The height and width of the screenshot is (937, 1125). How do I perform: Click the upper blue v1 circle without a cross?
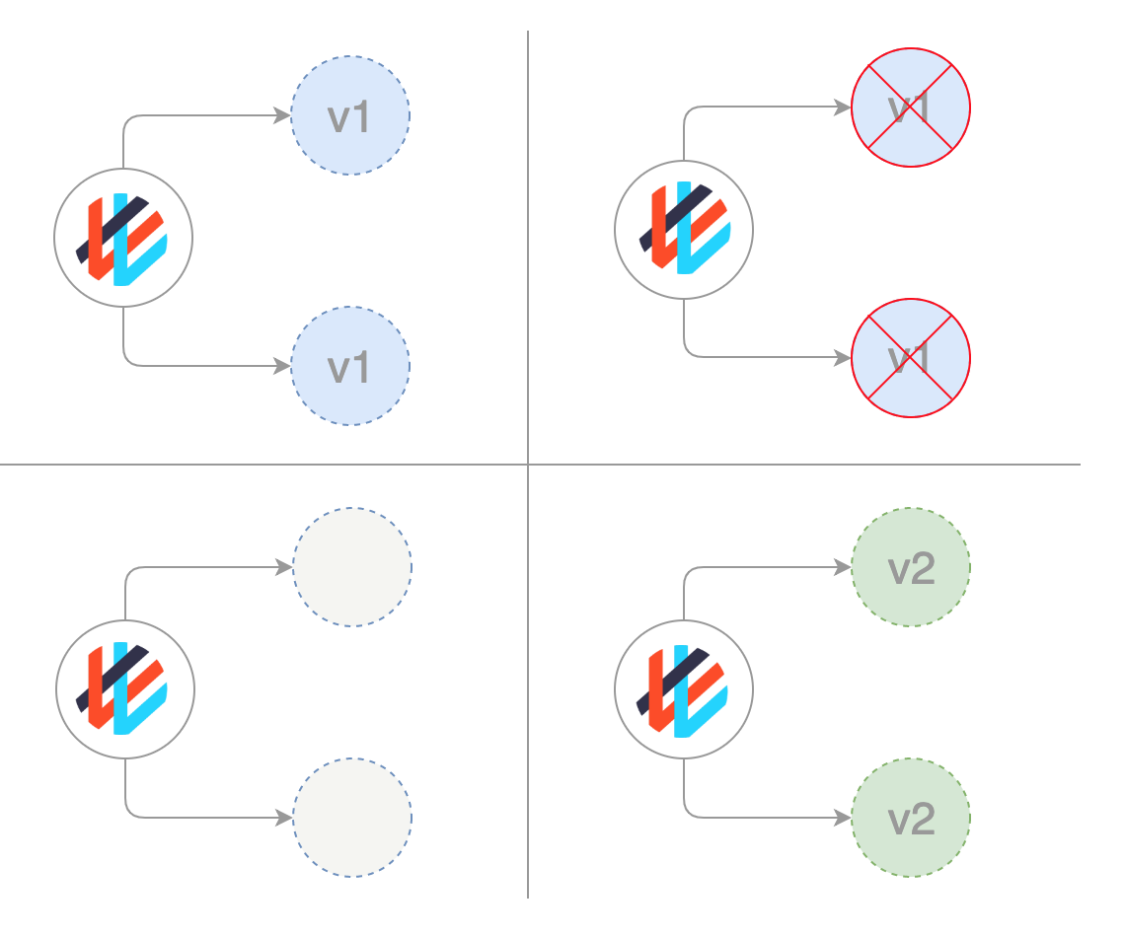click(350, 115)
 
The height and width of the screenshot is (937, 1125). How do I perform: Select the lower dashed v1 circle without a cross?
click(350, 366)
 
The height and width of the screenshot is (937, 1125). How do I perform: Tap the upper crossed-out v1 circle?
click(911, 108)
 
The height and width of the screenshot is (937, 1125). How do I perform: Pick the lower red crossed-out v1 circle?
click(911, 358)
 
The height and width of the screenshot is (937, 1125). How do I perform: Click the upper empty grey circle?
click(352, 567)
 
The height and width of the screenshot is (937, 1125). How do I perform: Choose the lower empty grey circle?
click(352, 818)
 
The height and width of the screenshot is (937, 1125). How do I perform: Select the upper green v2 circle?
click(911, 567)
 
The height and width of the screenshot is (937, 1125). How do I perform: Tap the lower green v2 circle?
click(911, 818)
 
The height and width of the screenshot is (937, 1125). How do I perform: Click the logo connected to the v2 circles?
click(684, 689)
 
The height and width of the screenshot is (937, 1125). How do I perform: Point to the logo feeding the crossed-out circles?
click(684, 230)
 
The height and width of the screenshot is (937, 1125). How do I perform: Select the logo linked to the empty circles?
click(125, 689)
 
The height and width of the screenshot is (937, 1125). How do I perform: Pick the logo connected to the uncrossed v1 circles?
click(123, 238)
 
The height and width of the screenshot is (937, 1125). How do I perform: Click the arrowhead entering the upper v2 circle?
click(844, 567)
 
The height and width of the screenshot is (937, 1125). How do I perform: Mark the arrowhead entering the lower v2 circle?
click(844, 818)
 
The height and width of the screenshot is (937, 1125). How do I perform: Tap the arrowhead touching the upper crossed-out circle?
click(844, 108)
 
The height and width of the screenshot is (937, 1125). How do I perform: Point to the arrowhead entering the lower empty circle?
click(285, 818)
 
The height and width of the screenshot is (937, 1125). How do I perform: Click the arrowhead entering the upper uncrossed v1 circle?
click(283, 115)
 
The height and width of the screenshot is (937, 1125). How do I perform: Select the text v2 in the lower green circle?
click(911, 819)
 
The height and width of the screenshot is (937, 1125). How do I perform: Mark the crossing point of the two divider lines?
click(528, 465)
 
